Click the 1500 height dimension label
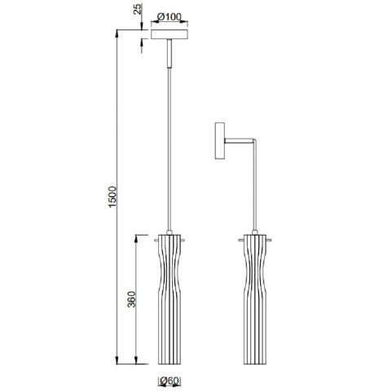(112, 196)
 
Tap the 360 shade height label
(131, 299)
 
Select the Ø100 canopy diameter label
(170, 17)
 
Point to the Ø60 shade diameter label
(170, 381)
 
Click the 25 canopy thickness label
(139, 9)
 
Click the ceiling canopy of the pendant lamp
(170, 34)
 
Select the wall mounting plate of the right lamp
(220, 141)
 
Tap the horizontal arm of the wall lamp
(239, 140)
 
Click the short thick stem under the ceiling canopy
(170, 53)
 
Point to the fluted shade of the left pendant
(170, 299)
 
